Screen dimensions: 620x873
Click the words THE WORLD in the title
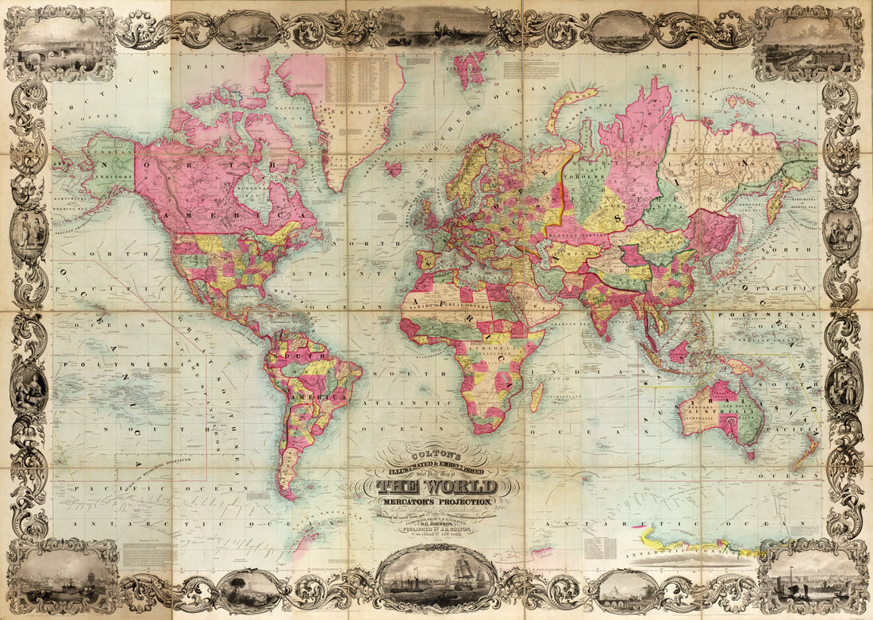click(437, 487)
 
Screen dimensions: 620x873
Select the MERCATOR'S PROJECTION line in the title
click(437, 501)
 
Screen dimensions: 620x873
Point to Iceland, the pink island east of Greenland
click(393, 168)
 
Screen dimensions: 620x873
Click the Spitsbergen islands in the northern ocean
click(470, 69)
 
